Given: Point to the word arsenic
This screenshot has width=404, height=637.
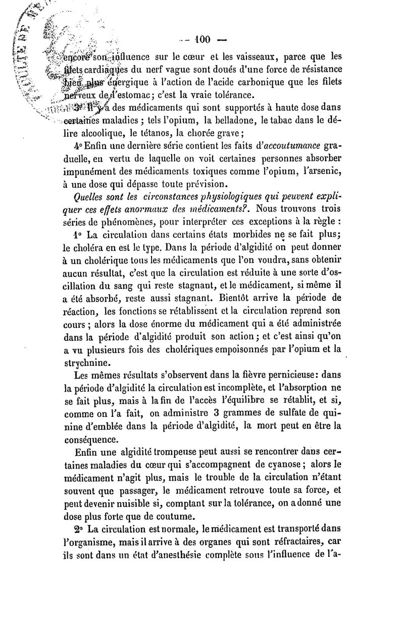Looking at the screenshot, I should [323, 172].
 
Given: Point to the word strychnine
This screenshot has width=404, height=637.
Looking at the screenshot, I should [88, 361].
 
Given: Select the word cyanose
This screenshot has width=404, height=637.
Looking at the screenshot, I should [274, 464].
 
